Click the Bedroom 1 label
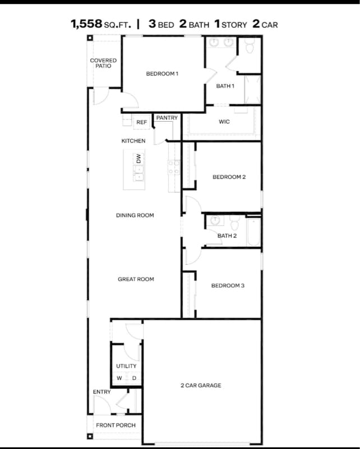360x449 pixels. [162, 74]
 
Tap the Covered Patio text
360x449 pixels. [103, 63]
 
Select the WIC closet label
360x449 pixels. [224, 122]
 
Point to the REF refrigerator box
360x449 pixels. [141, 122]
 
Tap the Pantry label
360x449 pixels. [167, 118]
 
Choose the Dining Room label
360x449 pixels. [135, 216]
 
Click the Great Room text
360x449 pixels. [136, 279]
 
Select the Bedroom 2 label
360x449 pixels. [229, 177]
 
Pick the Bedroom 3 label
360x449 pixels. [228, 286]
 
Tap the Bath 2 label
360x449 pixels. [227, 236]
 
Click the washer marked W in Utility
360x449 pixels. [119, 378]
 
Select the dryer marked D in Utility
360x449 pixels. [133, 378]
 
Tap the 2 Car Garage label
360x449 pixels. [201, 386]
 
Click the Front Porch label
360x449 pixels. [116, 425]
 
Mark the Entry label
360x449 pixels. [101, 392]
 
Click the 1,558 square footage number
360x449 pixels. [86, 24]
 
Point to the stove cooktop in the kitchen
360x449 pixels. [174, 166]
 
